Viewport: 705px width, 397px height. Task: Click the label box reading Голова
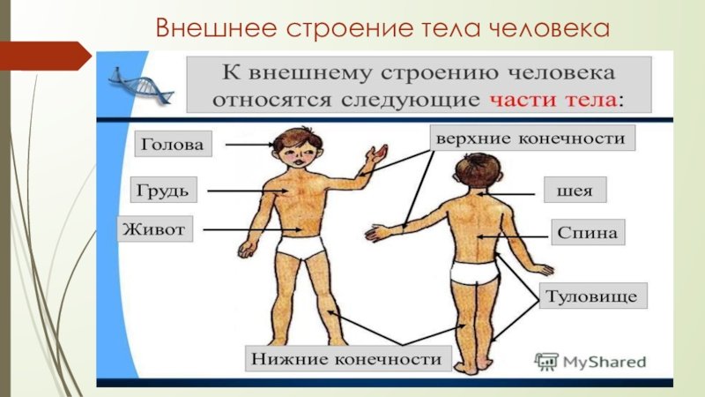[173, 144]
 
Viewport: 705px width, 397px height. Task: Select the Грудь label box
[164, 190]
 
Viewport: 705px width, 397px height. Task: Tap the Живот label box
[155, 229]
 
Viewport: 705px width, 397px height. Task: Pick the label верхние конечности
[532, 138]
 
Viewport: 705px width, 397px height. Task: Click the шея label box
[575, 190]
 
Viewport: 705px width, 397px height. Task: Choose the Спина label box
[588, 232]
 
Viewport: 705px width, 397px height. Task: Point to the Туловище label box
[593, 296]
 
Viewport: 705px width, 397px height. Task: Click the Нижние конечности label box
[348, 358]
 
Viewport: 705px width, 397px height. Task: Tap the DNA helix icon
[141, 86]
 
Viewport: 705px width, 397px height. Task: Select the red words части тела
[553, 99]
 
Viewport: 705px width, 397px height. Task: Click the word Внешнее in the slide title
[216, 28]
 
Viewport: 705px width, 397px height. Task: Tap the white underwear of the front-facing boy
[301, 247]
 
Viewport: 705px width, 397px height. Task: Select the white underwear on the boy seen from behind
[475, 272]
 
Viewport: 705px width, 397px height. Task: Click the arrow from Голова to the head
[249, 145]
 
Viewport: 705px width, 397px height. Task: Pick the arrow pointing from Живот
[252, 229]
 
